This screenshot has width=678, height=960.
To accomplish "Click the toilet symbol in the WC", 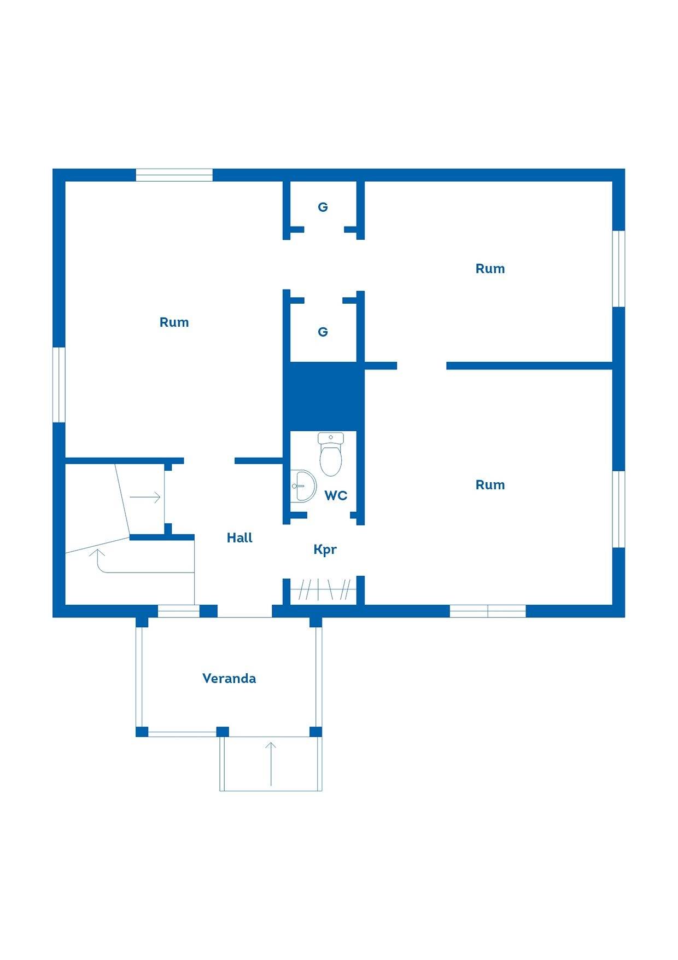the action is [x=331, y=454].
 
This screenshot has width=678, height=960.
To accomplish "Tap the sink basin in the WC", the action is [x=303, y=485].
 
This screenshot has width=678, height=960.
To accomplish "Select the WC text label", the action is [x=336, y=495].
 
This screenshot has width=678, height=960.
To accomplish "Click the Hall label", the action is [x=239, y=537].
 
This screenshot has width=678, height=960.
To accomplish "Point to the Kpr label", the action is [x=325, y=550].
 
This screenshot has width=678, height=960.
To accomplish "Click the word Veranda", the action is [x=229, y=678].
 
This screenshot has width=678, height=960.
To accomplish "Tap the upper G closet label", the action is [x=323, y=207].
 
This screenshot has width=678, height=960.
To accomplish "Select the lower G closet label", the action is [x=323, y=332].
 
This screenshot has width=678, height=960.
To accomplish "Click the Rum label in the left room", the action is [x=174, y=322].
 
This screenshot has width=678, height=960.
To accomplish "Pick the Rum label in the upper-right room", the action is [x=490, y=269].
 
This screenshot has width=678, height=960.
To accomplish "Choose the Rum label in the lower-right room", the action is [x=490, y=485].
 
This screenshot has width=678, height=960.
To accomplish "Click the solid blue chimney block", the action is [x=323, y=396].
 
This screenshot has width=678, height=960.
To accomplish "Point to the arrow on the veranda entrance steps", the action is [x=271, y=764].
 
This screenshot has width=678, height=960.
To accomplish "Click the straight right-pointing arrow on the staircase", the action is [x=145, y=498].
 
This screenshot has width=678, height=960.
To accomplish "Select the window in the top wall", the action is [x=174, y=175].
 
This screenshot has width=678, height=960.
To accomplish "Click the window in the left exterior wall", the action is [x=59, y=385].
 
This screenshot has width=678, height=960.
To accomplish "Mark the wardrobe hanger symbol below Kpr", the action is [x=323, y=589].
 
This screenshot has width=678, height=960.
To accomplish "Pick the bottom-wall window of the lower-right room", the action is [x=488, y=611].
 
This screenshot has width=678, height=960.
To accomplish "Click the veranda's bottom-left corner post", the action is [x=142, y=732].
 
